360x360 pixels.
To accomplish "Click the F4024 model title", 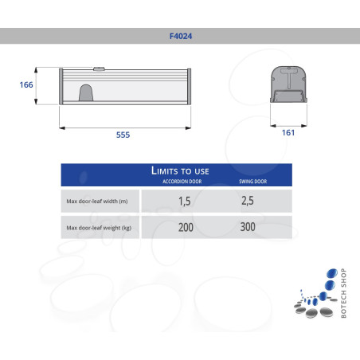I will (180, 36).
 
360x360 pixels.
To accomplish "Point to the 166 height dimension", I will (27, 84).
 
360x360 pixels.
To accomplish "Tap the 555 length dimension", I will (123, 135).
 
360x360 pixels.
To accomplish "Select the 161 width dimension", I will (288, 132).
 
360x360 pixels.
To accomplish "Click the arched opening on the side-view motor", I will (86, 95).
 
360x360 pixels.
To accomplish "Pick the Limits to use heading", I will (180, 170).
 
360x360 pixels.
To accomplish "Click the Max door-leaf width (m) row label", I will (100, 201).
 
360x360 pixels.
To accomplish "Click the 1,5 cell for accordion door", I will (185, 201).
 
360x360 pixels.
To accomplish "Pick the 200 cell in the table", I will (185, 229).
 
